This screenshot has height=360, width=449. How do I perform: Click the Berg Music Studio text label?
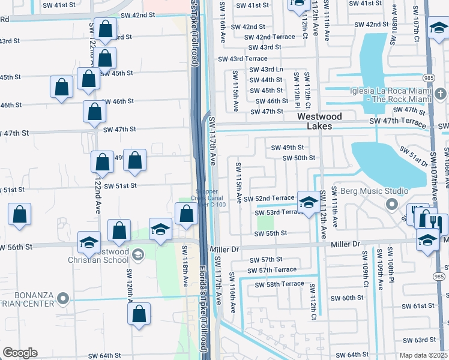(366, 191)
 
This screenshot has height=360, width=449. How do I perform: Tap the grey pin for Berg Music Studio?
(392, 205)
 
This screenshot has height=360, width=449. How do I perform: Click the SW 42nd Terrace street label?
(270, 37)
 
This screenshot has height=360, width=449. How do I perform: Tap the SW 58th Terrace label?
(279, 284)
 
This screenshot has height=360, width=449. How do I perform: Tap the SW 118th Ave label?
(185, 272)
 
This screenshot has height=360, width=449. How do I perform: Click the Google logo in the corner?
(20, 353)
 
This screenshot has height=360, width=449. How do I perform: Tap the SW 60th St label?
(344, 298)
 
